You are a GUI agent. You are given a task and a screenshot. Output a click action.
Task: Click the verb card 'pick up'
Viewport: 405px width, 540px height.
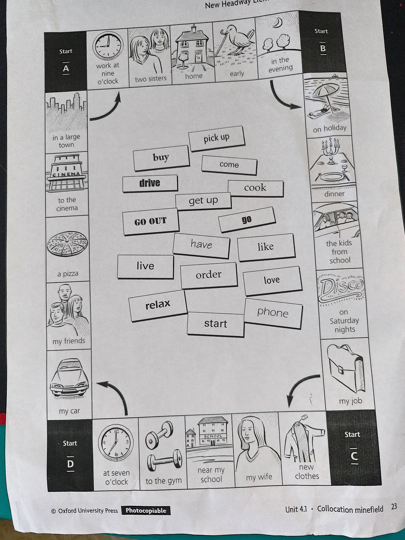216,139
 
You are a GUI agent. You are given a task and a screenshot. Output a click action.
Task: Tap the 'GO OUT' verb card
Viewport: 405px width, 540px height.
150,221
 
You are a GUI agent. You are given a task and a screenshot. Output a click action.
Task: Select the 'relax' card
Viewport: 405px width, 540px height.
158,305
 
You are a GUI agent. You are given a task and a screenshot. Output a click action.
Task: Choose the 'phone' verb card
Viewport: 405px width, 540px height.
273,313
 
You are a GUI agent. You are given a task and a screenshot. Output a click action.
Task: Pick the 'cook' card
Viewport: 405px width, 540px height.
255,188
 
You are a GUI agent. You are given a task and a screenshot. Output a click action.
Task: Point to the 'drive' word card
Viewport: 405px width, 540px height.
150,183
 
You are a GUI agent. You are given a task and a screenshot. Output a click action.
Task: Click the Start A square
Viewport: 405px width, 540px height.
66,62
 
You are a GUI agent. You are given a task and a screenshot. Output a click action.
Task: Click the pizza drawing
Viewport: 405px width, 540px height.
67,244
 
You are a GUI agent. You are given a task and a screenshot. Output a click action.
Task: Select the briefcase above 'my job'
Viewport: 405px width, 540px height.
346,368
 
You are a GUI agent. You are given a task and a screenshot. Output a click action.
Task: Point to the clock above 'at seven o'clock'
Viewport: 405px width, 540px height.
116,443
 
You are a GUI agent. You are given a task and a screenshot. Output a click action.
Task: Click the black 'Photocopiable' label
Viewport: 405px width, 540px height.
146,510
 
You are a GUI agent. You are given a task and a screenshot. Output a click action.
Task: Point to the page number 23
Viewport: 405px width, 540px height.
394,507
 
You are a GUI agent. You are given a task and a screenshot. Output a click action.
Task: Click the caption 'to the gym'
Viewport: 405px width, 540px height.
163,481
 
